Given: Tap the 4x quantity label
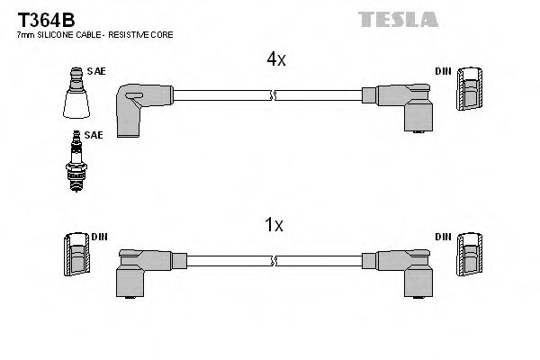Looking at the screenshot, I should coord(274,59).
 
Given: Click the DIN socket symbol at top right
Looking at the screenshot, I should coord(469,89).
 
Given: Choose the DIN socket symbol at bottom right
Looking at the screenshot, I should coord(469,256).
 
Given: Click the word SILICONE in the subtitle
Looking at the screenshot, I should coord(60,34).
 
